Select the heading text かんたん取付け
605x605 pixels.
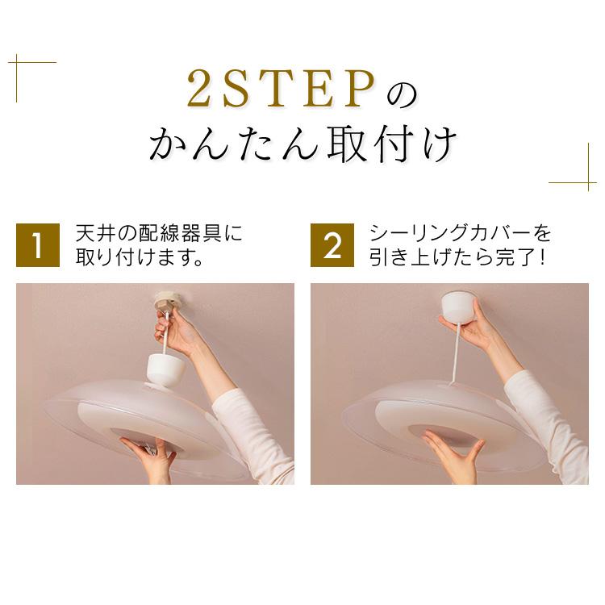click(302, 145)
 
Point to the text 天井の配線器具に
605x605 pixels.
click(159, 234)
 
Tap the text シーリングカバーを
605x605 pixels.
click(461, 234)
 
